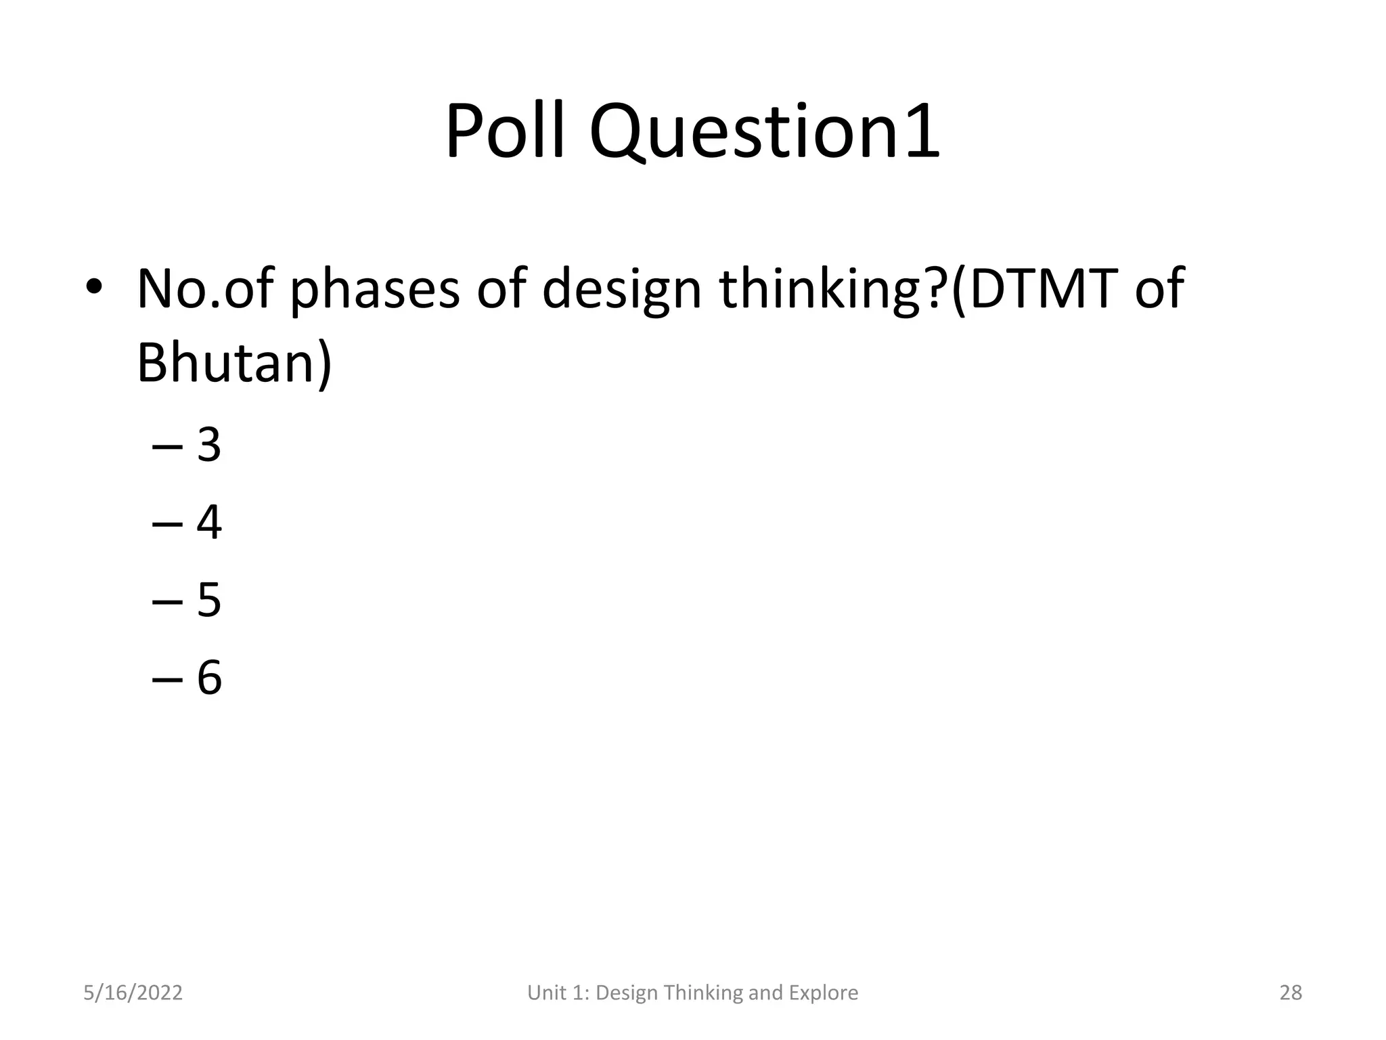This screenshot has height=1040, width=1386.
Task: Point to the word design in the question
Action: click(x=621, y=289)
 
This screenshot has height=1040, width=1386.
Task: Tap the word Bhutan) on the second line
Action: click(x=234, y=362)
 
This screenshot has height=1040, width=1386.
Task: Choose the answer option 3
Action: click(x=209, y=446)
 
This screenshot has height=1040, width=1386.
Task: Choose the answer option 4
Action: click(x=209, y=522)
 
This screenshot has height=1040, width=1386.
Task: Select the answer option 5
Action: click(x=209, y=599)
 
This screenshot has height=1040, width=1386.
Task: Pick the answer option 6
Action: click(x=209, y=676)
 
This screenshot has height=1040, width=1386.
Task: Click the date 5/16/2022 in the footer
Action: click(x=133, y=993)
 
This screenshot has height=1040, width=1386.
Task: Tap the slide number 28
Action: click(x=1291, y=993)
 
